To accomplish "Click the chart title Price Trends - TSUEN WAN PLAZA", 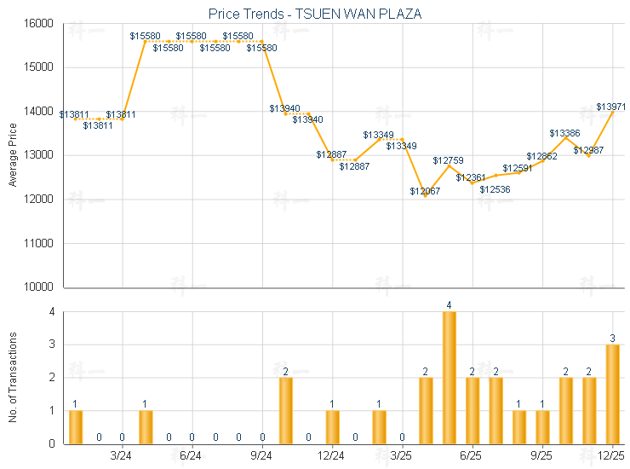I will coord(314,14).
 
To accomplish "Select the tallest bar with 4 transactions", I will coord(449,377).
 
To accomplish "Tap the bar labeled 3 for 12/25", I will coord(612,393).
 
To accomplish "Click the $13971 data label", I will coord(611,107).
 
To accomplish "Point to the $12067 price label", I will coord(425,191).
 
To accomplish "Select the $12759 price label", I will coord(448,160).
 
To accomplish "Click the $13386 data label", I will coord(564,133).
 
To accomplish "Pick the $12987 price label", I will coord(588,150).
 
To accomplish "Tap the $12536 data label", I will coord(495,189).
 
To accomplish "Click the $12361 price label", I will coord(471,177).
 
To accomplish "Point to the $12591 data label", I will coord(518,168).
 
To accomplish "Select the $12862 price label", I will coord(541,156).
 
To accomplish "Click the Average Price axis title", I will coord(12,155).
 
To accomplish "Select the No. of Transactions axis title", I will coord(12,378).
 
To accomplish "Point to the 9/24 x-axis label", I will coord(262,456).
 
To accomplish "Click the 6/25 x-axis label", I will coord(471,456).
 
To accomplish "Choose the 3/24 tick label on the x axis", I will coord(122,456).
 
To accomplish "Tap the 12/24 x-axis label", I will coord(332,456).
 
